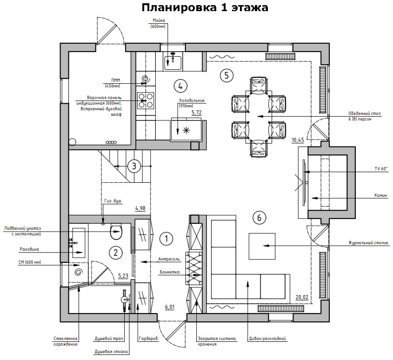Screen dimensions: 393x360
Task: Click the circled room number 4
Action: [180, 86]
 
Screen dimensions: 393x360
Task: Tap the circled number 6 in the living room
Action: [259, 217]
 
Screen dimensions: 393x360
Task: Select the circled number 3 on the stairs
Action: [134, 166]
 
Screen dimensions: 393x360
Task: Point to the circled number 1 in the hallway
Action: [166, 239]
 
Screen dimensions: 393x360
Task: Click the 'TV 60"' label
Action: [381, 168]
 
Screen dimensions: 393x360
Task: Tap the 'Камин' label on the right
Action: [381, 195]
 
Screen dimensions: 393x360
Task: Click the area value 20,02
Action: [302, 297]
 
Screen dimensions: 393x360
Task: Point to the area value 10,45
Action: [298, 140]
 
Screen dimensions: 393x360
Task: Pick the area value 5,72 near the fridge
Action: [196, 113]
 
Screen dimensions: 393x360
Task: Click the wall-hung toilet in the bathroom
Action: [115, 230]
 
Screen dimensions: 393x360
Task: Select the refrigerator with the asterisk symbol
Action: [187, 130]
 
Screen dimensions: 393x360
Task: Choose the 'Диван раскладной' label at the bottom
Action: [267, 339]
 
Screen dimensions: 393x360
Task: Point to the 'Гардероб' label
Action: [148, 339]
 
